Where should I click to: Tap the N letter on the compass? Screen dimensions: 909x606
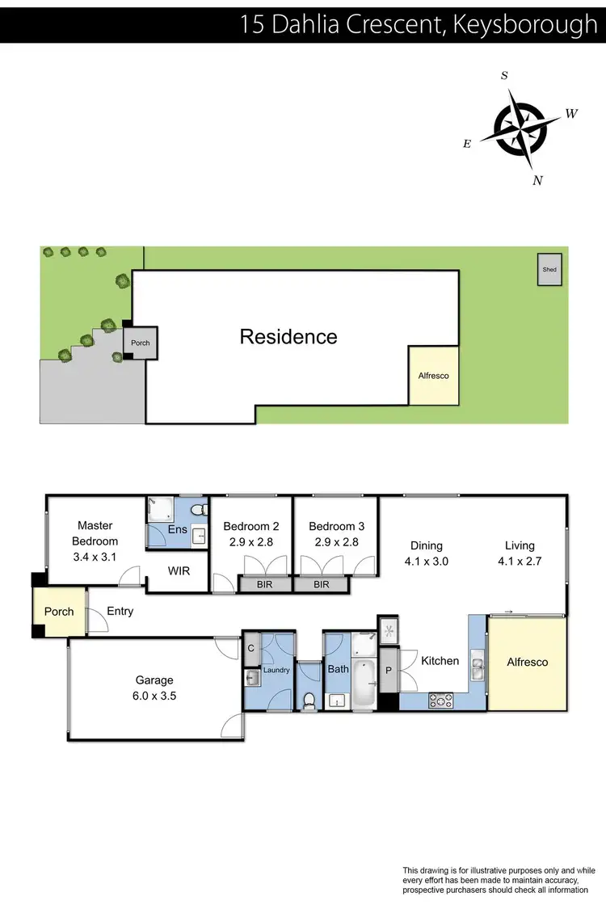click(537, 181)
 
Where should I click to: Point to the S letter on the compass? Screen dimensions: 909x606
click(505, 76)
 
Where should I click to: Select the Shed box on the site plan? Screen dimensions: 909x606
click(549, 270)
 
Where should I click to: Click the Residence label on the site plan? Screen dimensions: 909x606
click(288, 337)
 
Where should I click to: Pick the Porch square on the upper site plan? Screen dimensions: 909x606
click(141, 343)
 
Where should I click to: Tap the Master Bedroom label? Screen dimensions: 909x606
click(95, 533)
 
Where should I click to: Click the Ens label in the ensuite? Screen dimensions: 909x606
click(178, 530)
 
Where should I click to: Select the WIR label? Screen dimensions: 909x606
click(179, 570)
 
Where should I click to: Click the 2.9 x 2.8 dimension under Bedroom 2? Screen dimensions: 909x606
click(250, 543)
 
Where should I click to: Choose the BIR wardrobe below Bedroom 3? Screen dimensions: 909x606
click(321, 583)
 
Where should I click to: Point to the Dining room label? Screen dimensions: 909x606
click(427, 546)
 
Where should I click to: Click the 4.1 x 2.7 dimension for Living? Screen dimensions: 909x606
click(520, 561)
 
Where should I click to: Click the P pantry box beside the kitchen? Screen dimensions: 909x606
click(389, 670)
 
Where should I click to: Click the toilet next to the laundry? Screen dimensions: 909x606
click(309, 701)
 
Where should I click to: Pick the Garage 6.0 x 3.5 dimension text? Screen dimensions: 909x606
click(154, 694)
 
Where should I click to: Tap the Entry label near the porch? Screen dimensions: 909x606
click(120, 612)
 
